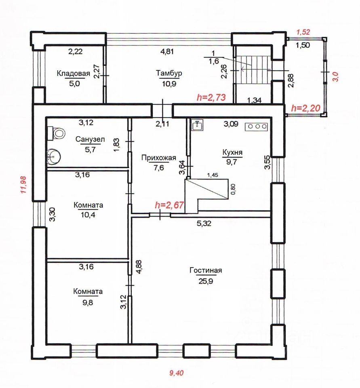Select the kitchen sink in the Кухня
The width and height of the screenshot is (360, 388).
[x=197, y=125]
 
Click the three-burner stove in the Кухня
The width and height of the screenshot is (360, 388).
[x=257, y=127]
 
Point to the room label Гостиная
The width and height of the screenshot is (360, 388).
[x=206, y=270]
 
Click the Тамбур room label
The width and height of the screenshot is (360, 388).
[x=169, y=73]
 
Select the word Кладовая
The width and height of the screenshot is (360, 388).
[x=73, y=74]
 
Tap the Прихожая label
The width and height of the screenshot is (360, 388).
[x=159, y=158]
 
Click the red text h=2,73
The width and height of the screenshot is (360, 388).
[x=211, y=97]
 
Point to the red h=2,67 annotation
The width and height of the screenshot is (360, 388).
[x=169, y=205]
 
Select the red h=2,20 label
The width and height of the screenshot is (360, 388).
[x=306, y=108]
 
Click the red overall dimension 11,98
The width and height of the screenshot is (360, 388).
[x=24, y=184]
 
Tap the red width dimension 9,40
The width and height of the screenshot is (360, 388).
[x=177, y=373]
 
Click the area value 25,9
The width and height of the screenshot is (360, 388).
[x=206, y=281]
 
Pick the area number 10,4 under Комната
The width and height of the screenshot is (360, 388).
[x=88, y=215]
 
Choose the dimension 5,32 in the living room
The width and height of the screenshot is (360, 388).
[x=204, y=223]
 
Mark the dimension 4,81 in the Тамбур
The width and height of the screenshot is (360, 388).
[x=167, y=51]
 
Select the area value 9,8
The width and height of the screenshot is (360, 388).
[x=88, y=302]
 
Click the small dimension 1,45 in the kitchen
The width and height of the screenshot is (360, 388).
[x=213, y=175]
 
